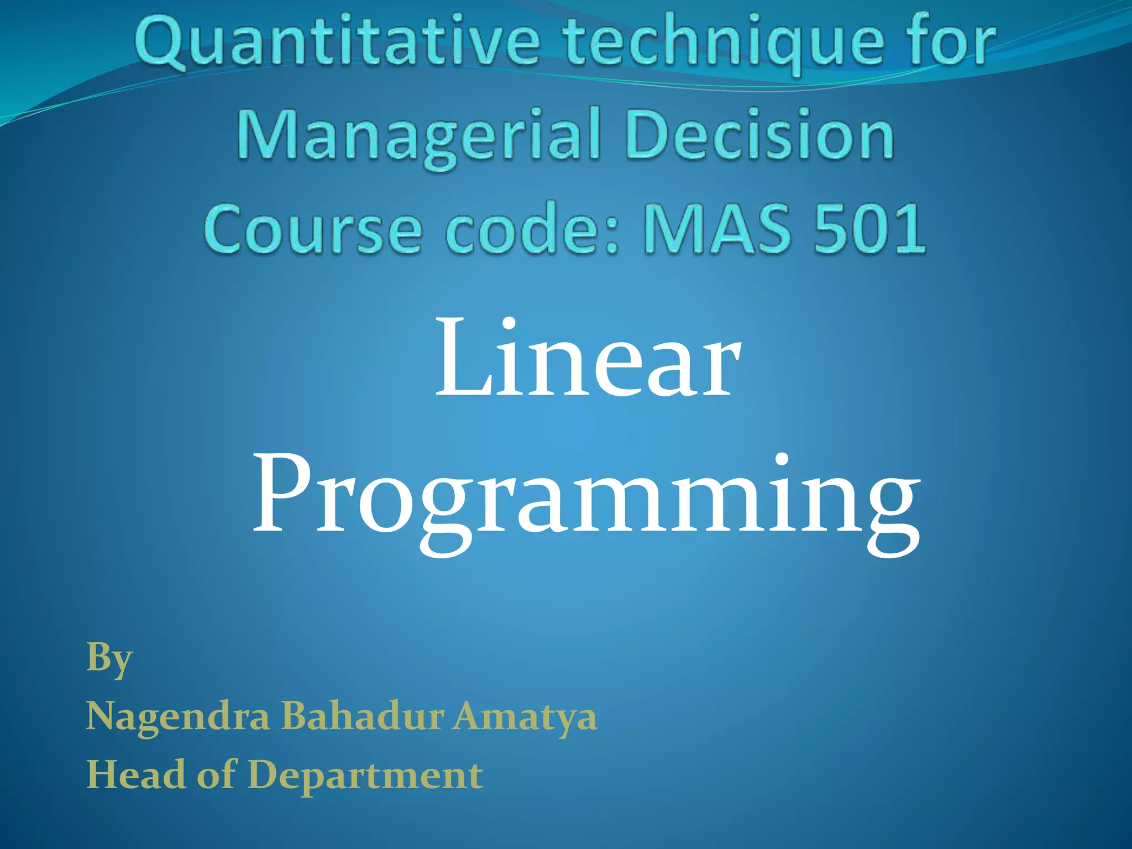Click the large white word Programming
point(586,497)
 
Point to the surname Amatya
point(525,717)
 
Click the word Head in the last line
point(136,774)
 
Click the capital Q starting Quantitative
point(160,44)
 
